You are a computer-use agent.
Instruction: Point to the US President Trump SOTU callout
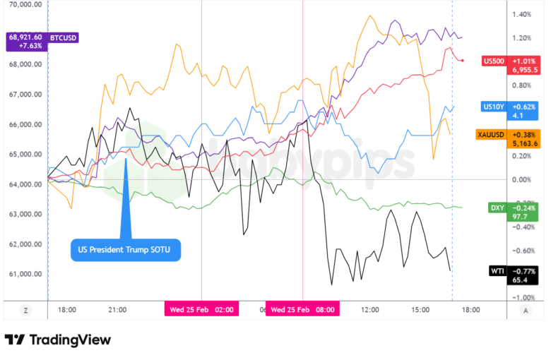125,249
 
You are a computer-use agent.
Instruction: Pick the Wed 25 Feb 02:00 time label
201,309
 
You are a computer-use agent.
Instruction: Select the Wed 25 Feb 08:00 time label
302,309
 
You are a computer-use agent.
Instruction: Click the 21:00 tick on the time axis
117,309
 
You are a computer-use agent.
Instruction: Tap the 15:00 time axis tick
420,309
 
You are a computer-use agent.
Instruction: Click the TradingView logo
58,340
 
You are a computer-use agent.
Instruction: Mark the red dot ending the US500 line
462,61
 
